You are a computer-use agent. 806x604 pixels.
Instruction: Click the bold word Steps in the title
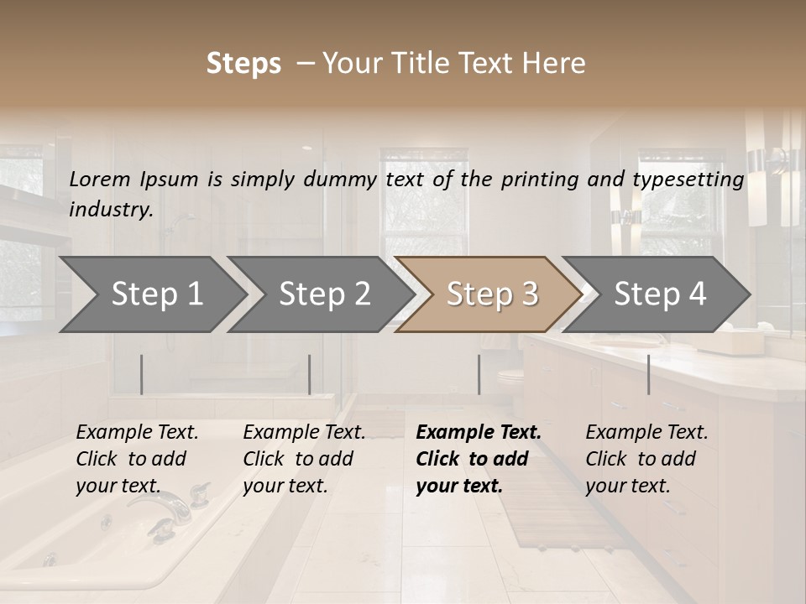point(243,64)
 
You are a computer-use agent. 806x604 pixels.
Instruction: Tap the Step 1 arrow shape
point(151,294)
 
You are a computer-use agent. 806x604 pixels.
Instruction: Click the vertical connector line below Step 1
point(142,374)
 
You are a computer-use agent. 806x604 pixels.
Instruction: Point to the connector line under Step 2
point(310,374)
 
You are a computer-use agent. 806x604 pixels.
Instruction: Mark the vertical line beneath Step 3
point(479,374)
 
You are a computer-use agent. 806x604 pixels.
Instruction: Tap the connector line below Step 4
point(648,374)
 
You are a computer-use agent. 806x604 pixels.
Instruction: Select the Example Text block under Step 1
point(137,459)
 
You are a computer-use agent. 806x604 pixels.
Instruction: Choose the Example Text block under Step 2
point(304,459)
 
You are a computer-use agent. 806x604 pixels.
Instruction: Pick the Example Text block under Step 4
point(646,459)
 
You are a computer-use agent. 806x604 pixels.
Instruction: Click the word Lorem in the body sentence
point(100,179)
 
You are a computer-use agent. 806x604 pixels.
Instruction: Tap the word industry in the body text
point(111,209)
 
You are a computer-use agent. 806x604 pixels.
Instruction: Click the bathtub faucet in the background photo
point(169,506)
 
